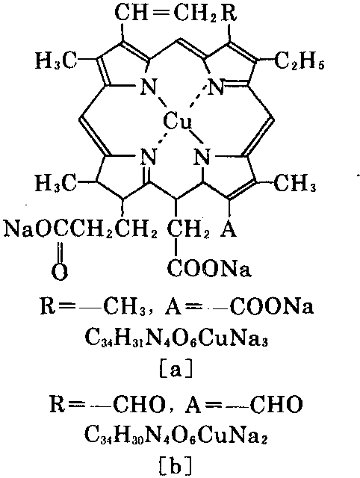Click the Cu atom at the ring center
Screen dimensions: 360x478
tap(178, 122)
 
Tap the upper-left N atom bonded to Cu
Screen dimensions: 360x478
tap(149, 87)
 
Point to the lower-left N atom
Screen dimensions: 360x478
tap(149, 157)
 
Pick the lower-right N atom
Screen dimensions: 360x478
tap(203, 157)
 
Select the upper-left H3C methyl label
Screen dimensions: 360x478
tap(57, 60)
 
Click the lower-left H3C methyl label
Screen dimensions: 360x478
tap(57, 183)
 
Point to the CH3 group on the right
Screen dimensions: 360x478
tap(295, 183)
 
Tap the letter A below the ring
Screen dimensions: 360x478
tap(229, 229)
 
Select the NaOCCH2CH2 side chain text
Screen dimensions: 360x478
tap(81, 230)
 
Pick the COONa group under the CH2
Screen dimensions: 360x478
tap(209, 268)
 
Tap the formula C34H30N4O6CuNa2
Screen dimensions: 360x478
tap(176, 435)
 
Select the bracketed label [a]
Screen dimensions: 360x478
tap(176, 369)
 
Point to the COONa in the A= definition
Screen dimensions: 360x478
tap(272, 306)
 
